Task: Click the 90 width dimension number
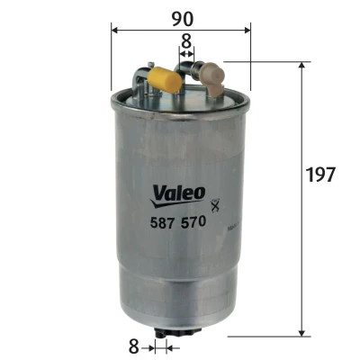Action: click(x=183, y=19)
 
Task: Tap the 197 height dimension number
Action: click(x=320, y=175)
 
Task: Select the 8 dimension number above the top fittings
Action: click(x=186, y=41)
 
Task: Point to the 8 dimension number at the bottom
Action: click(x=133, y=346)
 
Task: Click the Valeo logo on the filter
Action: click(x=178, y=196)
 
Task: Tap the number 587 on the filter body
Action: click(x=162, y=222)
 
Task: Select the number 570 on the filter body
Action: click(x=193, y=222)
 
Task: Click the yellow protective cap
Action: click(x=165, y=79)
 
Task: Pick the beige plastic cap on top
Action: click(x=213, y=78)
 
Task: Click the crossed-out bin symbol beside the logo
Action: click(x=215, y=205)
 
